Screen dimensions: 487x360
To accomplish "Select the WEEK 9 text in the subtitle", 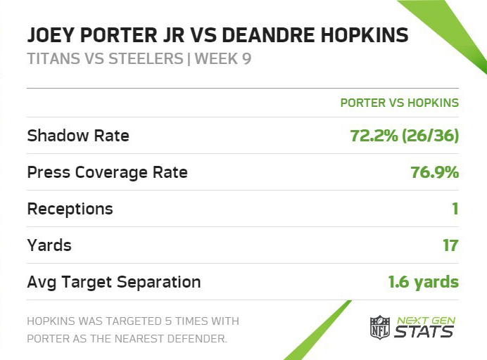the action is (x=223, y=58).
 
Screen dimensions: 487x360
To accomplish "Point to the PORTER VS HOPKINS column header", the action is (x=400, y=103).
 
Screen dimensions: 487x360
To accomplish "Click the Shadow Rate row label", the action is (x=78, y=136).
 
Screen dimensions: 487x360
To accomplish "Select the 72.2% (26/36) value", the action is (x=405, y=136).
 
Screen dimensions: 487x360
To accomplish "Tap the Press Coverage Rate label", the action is (x=108, y=172).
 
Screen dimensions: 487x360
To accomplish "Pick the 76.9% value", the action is (x=435, y=172).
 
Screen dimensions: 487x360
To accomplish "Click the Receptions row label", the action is (x=70, y=209).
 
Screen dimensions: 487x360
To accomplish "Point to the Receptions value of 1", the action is (x=455, y=209).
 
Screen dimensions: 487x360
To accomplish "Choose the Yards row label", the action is (x=49, y=245).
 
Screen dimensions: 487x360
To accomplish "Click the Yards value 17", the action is (x=450, y=245).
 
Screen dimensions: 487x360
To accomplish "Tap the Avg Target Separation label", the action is (x=114, y=283).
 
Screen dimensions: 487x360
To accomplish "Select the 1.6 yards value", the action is (x=424, y=282).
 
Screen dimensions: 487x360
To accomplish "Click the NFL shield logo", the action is (x=380, y=327).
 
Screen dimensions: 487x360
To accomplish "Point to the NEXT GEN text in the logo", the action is (x=426, y=321).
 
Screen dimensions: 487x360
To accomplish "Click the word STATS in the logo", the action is (x=424, y=331).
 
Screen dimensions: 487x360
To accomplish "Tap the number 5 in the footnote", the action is (x=168, y=321).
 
